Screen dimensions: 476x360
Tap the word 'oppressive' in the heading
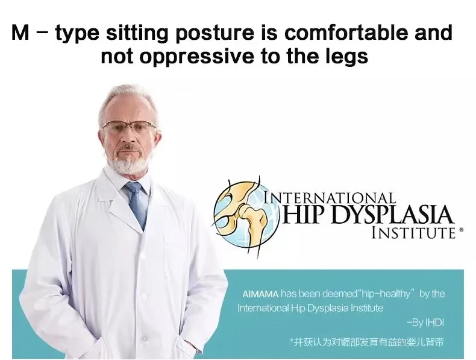click(x=196, y=57)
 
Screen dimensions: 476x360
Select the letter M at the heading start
click(x=20, y=33)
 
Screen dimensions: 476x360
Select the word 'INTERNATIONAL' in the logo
click(x=330, y=197)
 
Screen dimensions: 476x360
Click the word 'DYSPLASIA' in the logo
click(x=392, y=215)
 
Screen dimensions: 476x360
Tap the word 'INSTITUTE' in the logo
click(x=413, y=233)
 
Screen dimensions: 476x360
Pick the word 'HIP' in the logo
click(x=305, y=215)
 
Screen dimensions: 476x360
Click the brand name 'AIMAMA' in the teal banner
click(x=260, y=294)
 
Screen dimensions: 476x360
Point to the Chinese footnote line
click(x=366, y=342)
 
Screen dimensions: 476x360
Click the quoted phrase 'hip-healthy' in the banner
click(x=384, y=294)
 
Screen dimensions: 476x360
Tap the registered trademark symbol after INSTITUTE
click(x=462, y=230)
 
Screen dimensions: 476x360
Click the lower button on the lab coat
click(x=144, y=338)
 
